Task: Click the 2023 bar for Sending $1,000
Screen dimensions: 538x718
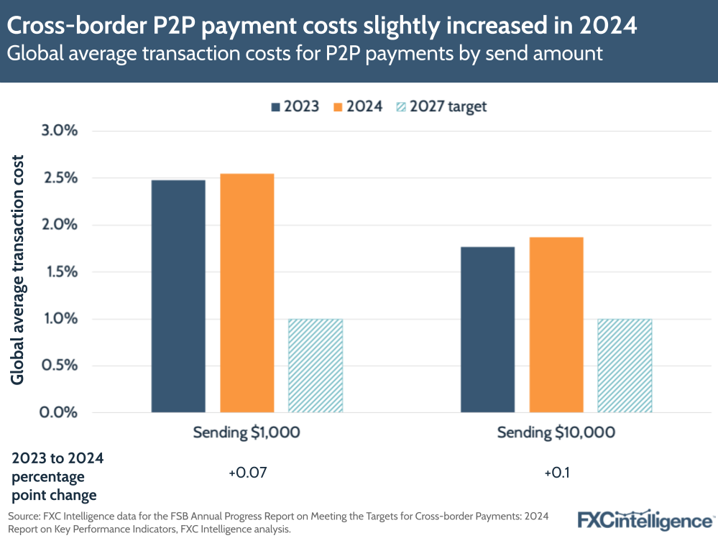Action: coord(178,296)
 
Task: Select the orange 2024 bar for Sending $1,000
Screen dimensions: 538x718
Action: coord(247,293)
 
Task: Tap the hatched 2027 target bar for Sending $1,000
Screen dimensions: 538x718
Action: coord(315,366)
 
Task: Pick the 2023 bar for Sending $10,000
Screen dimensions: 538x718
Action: coord(487,330)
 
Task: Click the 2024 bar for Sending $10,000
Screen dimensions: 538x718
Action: coord(556,325)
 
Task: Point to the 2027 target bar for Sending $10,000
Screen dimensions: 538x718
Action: coord(625,366)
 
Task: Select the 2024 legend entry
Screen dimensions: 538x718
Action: coord(357,106)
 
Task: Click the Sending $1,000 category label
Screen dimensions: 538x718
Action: coord(247,432)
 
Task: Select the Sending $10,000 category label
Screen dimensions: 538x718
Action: coord(556,432)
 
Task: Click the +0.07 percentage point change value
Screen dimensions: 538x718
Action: coord(247,474)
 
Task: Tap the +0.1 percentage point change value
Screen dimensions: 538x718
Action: coord(556,474)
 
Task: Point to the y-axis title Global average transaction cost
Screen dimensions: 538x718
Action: coord(17,269)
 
